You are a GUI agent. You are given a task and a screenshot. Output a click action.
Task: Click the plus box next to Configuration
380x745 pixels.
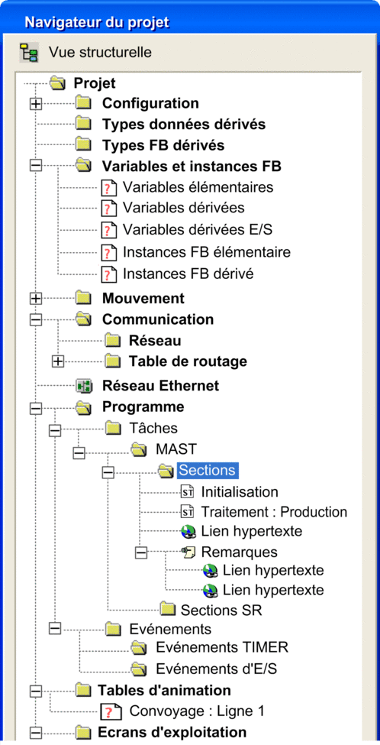36,104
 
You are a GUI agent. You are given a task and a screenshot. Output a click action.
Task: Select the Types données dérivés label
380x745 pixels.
184,124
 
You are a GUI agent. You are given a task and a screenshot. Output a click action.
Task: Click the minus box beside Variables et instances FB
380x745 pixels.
36,166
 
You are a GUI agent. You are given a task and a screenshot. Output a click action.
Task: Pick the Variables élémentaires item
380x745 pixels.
198,186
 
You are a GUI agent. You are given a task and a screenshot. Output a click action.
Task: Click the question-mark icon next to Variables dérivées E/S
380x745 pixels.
108,230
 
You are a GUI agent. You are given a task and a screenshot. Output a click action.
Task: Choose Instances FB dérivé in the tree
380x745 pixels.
188,274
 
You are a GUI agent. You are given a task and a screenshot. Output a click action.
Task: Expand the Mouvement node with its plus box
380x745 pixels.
36,298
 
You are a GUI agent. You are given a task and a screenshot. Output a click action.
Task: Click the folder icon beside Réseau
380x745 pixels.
113,341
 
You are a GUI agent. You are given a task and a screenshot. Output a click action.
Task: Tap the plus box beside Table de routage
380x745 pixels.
57,361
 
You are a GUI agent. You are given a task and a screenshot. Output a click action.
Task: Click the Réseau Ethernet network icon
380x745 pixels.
85,386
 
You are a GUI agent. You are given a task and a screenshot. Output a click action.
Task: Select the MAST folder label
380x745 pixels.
176,449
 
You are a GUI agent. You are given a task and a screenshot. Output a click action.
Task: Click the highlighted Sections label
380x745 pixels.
208,471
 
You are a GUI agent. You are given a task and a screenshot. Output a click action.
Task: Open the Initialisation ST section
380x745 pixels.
240,492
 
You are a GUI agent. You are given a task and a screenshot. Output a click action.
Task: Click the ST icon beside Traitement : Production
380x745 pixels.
188,512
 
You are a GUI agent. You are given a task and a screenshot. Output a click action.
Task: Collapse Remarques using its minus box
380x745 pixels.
141,552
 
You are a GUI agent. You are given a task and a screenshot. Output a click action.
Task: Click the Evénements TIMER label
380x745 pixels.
222,647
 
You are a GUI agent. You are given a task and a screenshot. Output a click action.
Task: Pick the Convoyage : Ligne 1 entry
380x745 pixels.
197,711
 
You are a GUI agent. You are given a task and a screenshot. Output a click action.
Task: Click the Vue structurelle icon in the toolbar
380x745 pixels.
29,52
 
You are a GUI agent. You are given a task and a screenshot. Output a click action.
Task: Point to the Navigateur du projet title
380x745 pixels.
97,22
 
